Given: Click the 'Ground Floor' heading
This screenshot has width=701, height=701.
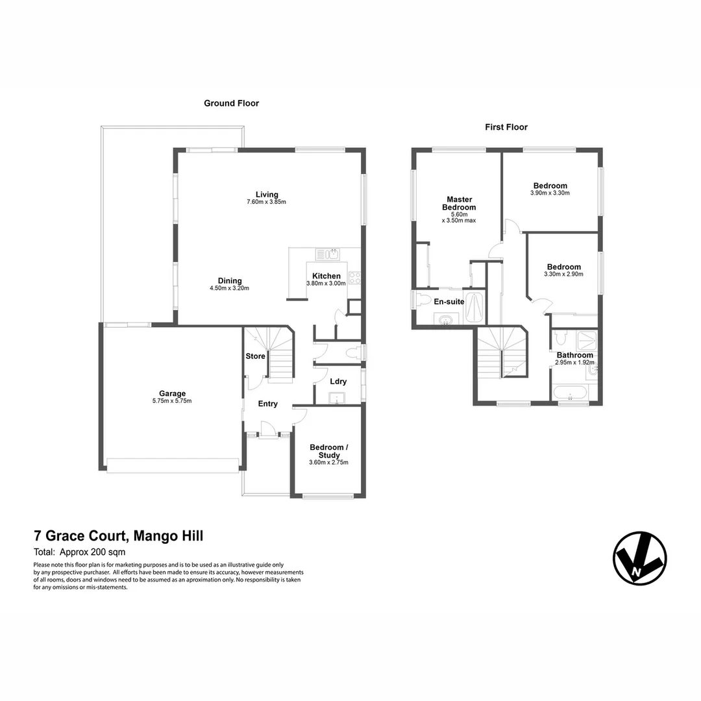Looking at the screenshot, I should point(231,103).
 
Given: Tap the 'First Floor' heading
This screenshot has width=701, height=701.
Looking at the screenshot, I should point(506,127).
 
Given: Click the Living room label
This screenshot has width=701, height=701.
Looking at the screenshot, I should point(266,194).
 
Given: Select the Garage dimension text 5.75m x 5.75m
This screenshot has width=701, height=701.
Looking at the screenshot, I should point(173,401).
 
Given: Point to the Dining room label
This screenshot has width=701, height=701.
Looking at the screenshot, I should point(230,280).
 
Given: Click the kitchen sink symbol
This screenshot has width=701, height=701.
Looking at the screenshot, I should point(328,254).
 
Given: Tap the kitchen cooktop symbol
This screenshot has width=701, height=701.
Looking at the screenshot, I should point(354,278).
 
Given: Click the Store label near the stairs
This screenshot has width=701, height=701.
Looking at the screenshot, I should point(255,356).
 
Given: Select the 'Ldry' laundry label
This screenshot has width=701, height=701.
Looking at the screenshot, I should point(338,382).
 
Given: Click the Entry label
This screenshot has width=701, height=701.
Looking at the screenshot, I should point(267,404).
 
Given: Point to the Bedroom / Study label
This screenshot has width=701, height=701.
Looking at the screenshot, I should point(329,451).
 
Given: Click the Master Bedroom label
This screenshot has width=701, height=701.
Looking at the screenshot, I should point(459,203).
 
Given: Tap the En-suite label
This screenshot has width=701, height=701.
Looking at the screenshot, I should point(449,301).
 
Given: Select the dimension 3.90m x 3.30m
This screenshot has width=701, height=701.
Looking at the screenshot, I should point(550,193).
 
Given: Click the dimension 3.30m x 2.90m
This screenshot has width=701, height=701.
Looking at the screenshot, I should point(563,275).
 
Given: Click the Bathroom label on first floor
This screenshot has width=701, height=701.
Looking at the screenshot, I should point(574,355).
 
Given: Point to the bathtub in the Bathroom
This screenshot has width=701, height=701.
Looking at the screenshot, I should point(569,392).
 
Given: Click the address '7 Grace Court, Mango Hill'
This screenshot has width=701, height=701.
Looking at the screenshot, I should point(119,536).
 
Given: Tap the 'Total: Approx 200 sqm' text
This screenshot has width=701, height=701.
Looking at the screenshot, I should point(79,553).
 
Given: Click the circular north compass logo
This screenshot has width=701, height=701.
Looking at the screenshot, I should point(639,558).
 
